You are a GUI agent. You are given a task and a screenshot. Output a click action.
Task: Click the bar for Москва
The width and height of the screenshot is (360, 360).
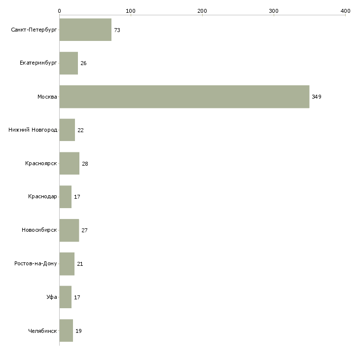(x=184, y=97)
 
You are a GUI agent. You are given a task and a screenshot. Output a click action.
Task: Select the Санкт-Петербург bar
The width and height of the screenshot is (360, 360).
(x=85, y=30)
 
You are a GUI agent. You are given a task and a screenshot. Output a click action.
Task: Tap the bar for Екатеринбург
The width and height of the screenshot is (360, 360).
(x=69, y=63)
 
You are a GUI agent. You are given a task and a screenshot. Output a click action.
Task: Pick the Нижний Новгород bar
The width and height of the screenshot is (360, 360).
(x=67, y=130)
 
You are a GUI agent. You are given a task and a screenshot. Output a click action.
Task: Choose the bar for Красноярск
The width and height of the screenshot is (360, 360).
(x=70, y=163)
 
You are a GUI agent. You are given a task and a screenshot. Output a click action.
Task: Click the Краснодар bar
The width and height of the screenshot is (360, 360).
(x=66, y=197)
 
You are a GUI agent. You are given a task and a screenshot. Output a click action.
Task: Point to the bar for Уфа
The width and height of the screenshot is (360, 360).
(x=66, y=297)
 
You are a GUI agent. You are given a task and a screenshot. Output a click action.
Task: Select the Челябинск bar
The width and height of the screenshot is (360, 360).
(x=66, y=330)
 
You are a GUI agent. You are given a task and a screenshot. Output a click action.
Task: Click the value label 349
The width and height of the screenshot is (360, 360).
(x=317, y=97)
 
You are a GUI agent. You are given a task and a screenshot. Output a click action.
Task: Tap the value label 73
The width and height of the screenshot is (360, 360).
(x=117, y=30)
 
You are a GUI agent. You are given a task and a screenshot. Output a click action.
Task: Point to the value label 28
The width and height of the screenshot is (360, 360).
(x=85, y=164)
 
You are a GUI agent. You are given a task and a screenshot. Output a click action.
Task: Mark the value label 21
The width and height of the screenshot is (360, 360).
(x=80, y=264)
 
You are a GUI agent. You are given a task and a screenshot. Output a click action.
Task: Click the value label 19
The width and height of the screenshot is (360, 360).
(x=78, y=331)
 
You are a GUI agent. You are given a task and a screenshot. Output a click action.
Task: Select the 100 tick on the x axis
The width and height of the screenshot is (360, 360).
(x=131, y=11)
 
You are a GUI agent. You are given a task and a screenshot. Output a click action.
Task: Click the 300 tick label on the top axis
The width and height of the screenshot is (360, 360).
(x=274, y=11)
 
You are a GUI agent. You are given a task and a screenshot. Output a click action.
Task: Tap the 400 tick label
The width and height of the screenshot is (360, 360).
(x=345, y=11)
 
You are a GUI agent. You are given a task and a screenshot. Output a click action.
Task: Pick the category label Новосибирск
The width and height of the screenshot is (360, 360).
(x=39, y=230)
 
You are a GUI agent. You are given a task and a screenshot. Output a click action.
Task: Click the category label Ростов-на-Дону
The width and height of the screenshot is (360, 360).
(x=36, y=263)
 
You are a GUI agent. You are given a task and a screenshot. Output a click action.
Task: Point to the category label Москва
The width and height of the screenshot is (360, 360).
(x=47, y=97)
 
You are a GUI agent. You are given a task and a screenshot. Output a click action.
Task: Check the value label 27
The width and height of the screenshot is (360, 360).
(x=84, y=230)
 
